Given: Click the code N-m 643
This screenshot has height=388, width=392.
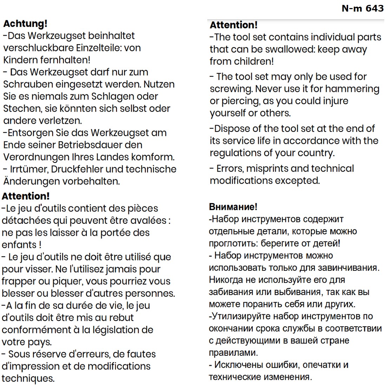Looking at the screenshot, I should point(362,8).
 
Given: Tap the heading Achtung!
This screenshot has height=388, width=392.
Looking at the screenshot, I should point(25,24).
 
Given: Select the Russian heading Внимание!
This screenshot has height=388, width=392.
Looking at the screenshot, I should point(233,207).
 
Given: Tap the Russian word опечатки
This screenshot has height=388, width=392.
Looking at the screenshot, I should point(319,365).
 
